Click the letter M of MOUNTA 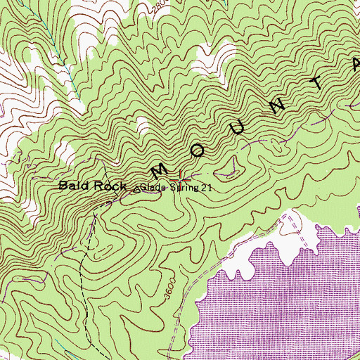[x=159, y=171]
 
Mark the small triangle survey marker [x=136, y=188]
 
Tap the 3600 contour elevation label [x=167, y=290]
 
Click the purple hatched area [x=281, y=302]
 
